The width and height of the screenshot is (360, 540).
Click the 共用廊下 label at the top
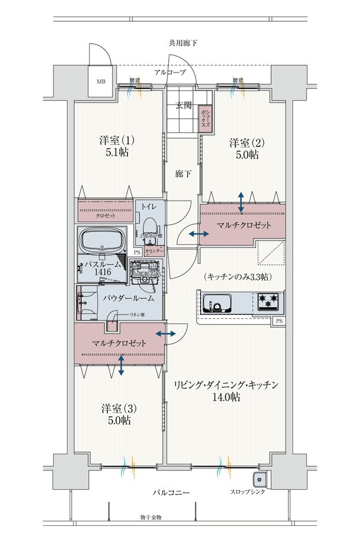click(x=183, y=43)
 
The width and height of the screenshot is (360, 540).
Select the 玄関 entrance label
click(x=183, y=106)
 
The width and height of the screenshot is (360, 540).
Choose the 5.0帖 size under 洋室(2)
click(x=244, y=155)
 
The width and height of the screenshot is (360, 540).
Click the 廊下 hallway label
click(x=183, y=175)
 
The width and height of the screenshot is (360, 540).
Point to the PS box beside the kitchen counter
click(x=279, y=322)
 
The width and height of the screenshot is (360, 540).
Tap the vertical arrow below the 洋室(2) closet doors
click(x=242, y=202)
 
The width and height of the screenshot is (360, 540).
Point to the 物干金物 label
click(x=151, y=517)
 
